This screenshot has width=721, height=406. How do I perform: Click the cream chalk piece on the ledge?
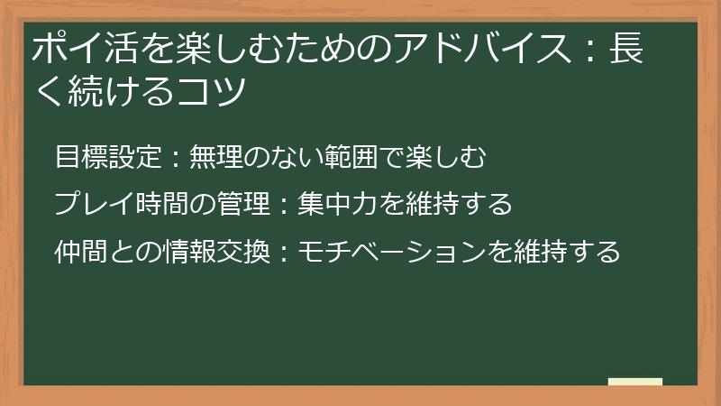[635, 382]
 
